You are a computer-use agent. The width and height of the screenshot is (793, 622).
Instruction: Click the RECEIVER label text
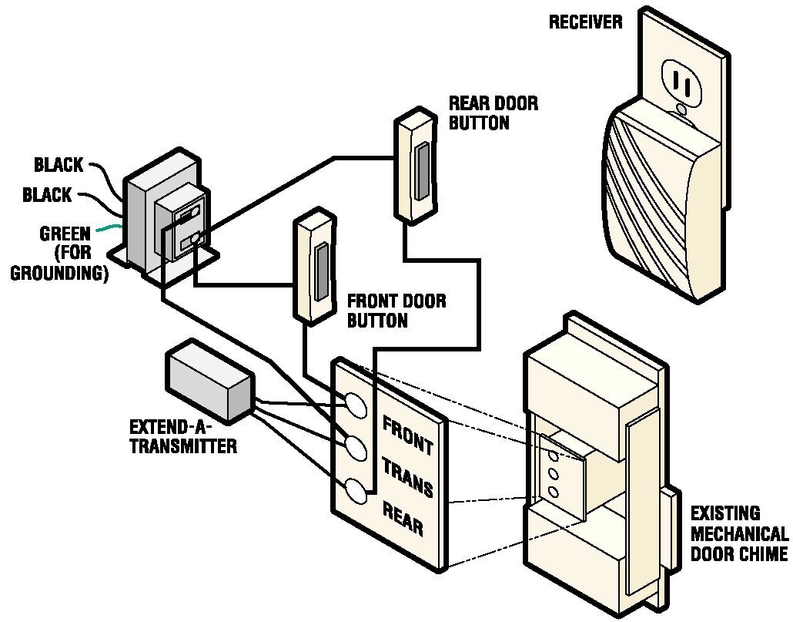[x=585, y=22]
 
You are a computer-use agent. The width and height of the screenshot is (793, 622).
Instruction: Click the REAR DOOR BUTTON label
[x=493, y=113]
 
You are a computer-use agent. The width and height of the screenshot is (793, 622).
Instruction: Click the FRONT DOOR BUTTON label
[x=396, y=311]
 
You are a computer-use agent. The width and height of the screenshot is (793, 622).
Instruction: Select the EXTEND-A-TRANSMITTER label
[x=182, y=436]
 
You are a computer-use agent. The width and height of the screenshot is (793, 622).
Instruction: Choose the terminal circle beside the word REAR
[x=356, y=491]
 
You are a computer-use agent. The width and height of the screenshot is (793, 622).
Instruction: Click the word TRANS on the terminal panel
[x=407, y=479]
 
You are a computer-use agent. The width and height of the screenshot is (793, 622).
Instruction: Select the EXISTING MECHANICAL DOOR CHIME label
[x=738, y=533]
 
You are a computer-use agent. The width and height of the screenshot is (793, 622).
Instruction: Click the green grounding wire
[x=112, y=227]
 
